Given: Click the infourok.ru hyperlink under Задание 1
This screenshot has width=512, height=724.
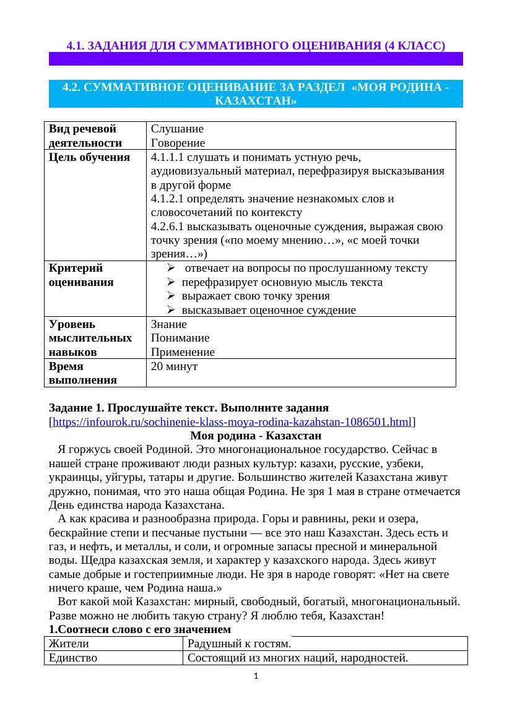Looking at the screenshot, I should [232, 423].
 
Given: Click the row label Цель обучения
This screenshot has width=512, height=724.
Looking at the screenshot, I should [88, 157].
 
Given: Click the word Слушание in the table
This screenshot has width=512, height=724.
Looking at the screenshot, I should [177, 129].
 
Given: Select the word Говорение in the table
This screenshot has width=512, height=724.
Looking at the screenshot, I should [179, 143].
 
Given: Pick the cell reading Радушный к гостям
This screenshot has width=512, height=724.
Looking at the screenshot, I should [239, 644].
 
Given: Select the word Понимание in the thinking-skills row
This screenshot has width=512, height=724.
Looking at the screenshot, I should [180, 338].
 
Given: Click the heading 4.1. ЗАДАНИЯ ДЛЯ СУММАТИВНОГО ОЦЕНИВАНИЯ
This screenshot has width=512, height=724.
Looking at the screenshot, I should [256, 46].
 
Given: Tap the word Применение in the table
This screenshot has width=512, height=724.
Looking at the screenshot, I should [183, 353].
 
